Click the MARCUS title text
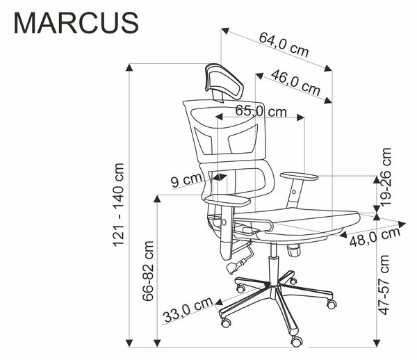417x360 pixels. click(76, 23)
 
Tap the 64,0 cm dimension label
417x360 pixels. click(284, 44)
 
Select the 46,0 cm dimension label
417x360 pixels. click(295, 83)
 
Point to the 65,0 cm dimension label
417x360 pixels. click(261, 111)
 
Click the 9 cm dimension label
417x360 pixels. click(186, 181)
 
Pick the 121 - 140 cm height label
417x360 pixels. click(119, 205)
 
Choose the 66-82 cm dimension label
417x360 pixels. click(148, 271)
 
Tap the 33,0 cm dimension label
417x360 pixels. click(188, 309)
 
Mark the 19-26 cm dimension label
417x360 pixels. click(386, 177)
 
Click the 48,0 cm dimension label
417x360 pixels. click(375, 236)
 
